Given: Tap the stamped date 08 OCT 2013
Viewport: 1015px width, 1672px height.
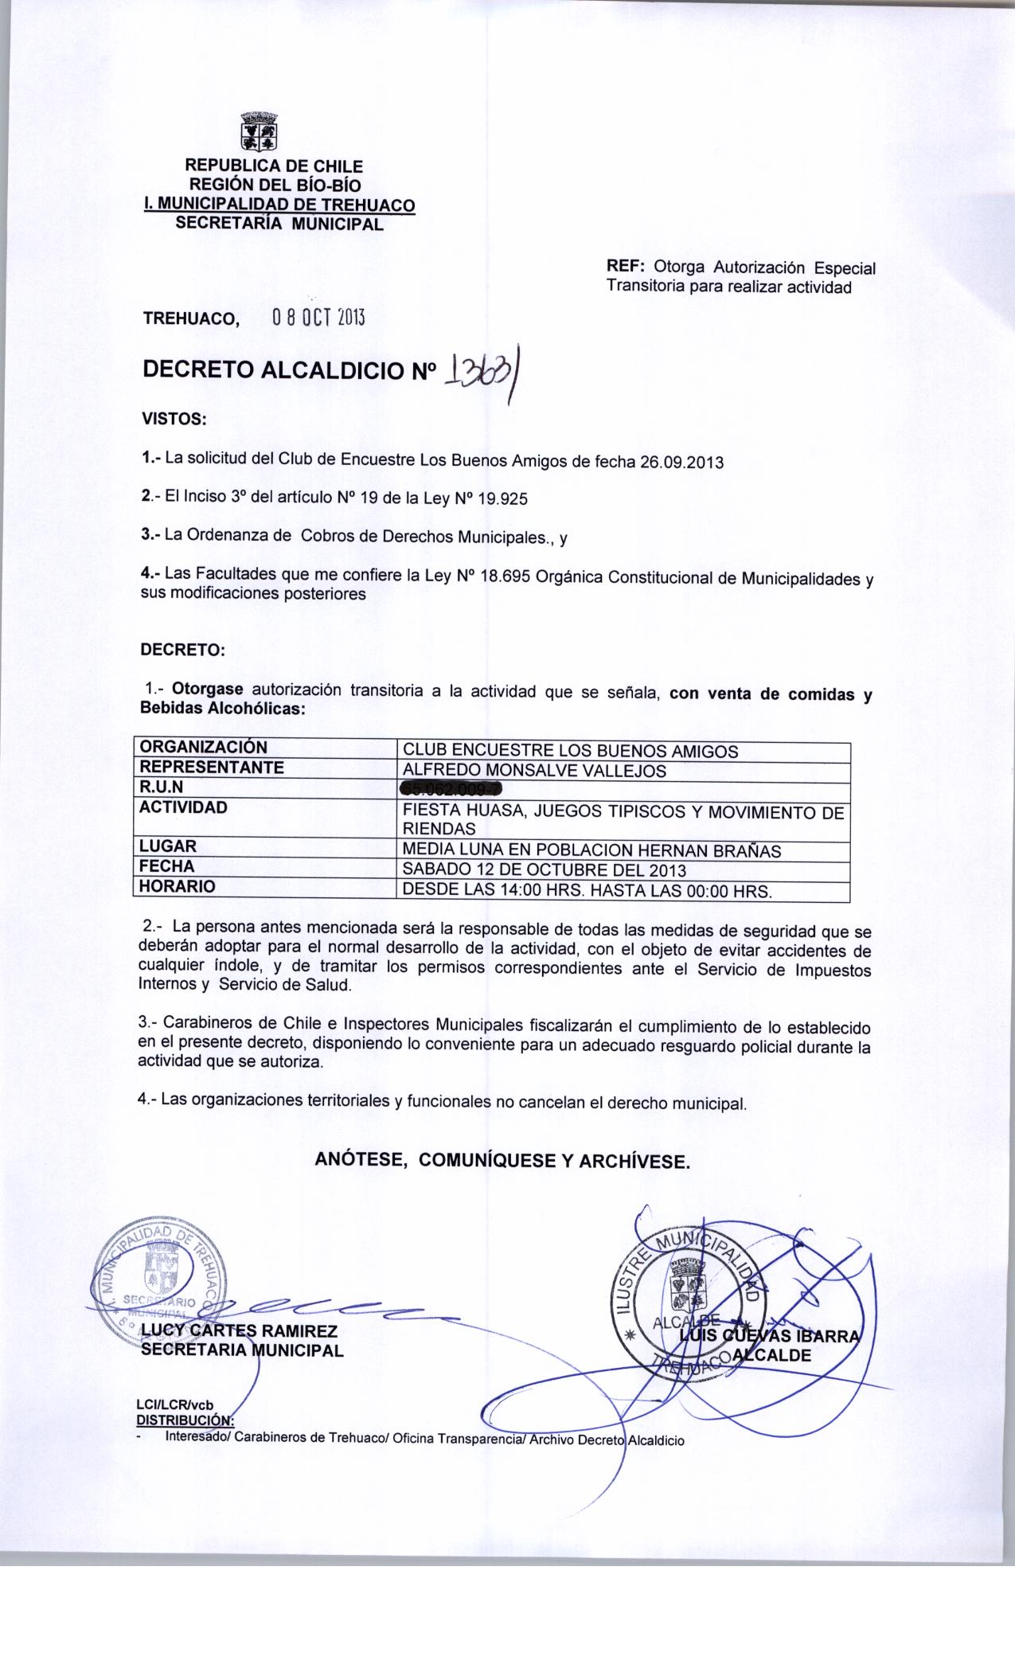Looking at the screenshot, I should pos(318,318).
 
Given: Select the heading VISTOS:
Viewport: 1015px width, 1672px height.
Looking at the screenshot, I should pos(174,417).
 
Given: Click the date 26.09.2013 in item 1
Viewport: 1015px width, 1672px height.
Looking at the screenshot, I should pos(682,462).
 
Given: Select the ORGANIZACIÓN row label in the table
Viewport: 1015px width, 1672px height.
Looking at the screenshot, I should pos(202,748).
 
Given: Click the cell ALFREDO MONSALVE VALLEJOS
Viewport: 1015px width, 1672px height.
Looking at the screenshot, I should pos(534,771).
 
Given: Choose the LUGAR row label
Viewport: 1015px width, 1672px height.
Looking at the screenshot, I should pos(168,846).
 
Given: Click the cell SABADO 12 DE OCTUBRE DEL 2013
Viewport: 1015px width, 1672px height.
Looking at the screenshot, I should pos(545,870).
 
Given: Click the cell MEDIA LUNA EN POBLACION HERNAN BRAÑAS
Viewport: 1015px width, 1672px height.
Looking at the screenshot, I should pos(592,850).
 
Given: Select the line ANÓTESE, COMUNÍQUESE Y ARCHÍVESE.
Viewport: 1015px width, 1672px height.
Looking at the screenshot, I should pos(502,1161).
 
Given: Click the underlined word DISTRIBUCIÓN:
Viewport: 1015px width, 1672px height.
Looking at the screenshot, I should pos(185,1418).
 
